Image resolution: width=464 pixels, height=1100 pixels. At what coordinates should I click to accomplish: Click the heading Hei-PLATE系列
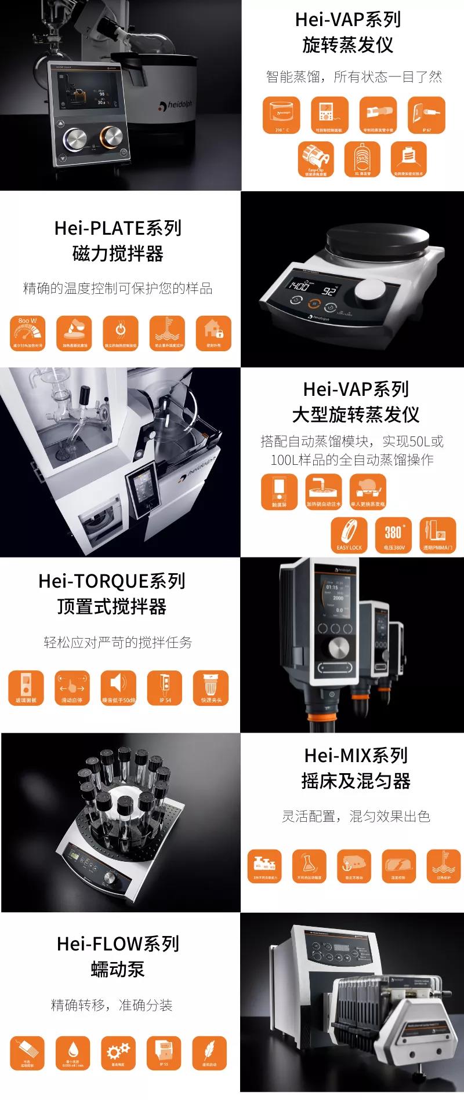click(118, 228)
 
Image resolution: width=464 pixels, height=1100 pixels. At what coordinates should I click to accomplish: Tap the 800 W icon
click(27, 333)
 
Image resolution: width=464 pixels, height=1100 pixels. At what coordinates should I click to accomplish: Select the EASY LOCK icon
click(349, 534)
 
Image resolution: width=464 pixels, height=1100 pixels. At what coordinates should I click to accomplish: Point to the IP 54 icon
click(165, 688)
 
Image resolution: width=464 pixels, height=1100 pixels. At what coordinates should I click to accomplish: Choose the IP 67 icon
click(426, 115)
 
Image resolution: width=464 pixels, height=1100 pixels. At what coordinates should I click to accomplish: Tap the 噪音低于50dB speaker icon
click(118, 688)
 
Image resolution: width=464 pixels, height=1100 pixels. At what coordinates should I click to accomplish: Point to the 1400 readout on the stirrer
click(299, 286)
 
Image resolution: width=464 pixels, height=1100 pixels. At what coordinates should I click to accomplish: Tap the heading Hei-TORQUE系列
click(112, 581)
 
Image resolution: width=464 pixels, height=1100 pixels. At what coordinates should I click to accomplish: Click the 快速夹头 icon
click(211, 688)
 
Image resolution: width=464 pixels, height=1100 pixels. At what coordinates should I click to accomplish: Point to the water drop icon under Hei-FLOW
click(73, 1052)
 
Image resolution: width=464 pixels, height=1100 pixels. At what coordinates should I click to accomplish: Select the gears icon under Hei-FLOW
click(118, 1052)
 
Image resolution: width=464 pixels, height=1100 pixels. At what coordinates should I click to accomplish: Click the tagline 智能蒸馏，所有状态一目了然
click(354, 77)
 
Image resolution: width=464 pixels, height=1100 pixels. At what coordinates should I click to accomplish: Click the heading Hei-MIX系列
click(356, 755)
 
